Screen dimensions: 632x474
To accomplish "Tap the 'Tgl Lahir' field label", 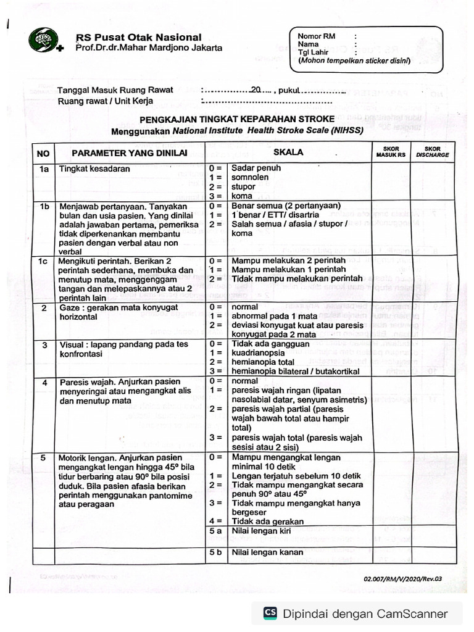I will point(312,53).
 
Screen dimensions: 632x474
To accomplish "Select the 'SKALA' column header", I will point(288,152).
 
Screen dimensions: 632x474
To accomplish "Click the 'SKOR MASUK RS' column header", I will point(391,152).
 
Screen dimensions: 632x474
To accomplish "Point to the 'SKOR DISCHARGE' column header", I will point(433,152).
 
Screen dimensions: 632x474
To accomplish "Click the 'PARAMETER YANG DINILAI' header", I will point(129,153).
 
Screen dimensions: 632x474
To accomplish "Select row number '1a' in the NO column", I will point(43,168).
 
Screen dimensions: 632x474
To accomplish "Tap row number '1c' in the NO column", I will point(43,261).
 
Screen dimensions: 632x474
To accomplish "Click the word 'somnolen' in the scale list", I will point(251,177).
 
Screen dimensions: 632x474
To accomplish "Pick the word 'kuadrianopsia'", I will point(259,352).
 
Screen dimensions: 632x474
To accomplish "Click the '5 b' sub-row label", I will point(215,552).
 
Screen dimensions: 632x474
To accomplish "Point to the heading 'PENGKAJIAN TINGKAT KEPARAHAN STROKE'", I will point(237,119).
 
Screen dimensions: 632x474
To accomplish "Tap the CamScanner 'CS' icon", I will point(270,613).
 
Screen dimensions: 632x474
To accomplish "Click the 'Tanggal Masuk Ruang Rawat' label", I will point(115,90).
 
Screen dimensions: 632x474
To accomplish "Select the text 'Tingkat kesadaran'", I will point(94,168).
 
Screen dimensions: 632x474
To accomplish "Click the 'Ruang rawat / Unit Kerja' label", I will point(106,101).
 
